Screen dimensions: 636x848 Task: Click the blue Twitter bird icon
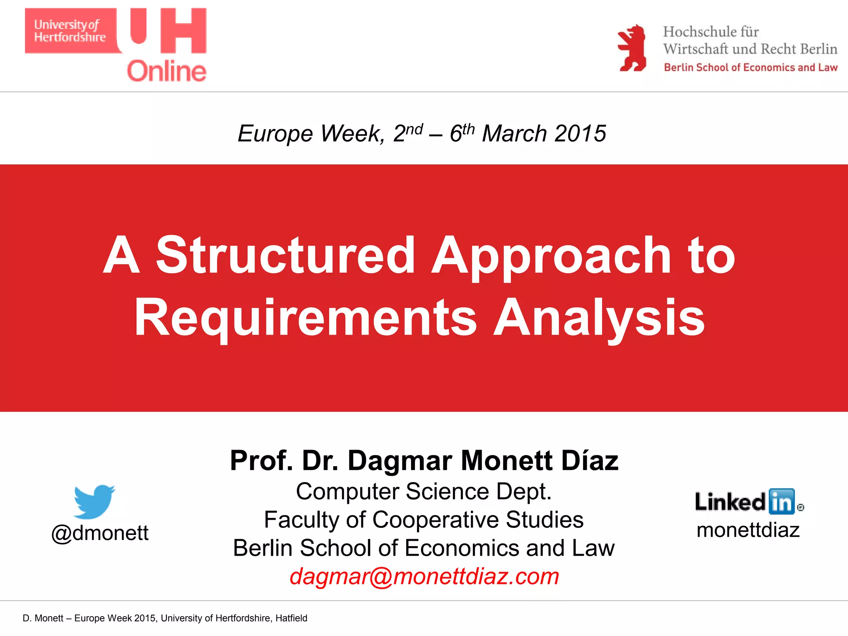pos(94,501)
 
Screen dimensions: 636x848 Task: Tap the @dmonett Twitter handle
pos(100,533)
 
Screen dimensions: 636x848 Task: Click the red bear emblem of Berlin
pos(632,48)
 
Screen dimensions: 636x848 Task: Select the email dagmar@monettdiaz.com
pos(424,576)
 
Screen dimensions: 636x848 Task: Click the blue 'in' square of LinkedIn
pos(781,502)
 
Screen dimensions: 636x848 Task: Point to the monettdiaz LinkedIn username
pos(748,530)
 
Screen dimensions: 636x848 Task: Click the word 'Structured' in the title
pos(285,255)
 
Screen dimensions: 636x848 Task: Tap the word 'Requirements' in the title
pos(306,318)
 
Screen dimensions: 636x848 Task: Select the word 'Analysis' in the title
pos(599,318)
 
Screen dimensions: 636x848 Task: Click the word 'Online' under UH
pos(166,71)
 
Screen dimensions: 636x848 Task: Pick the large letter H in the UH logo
pos(183,31)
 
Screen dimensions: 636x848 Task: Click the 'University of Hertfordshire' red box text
pos(70,31)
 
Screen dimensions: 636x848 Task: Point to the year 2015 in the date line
pos(580,134)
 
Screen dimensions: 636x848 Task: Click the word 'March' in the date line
pos(514,134)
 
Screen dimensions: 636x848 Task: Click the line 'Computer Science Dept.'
pos(424,491)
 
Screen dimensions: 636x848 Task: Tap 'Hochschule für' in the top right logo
pos(711,32)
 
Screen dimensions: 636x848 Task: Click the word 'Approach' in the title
pos(551,255)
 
